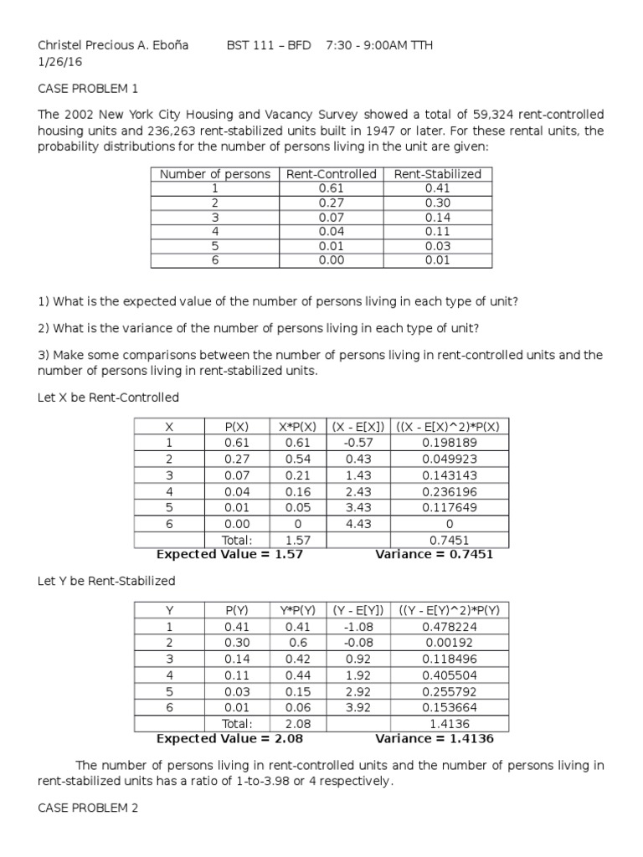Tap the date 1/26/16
[57, 60]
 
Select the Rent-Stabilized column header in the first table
[437, 174]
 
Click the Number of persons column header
[215, 174]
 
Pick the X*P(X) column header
[297, 426]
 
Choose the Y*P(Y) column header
[297, 611]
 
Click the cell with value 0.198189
[449, 442]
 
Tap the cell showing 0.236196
[449, 491]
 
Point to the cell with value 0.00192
[449, 643]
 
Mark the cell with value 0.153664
[449, 708]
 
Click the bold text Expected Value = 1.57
[229, 554]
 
